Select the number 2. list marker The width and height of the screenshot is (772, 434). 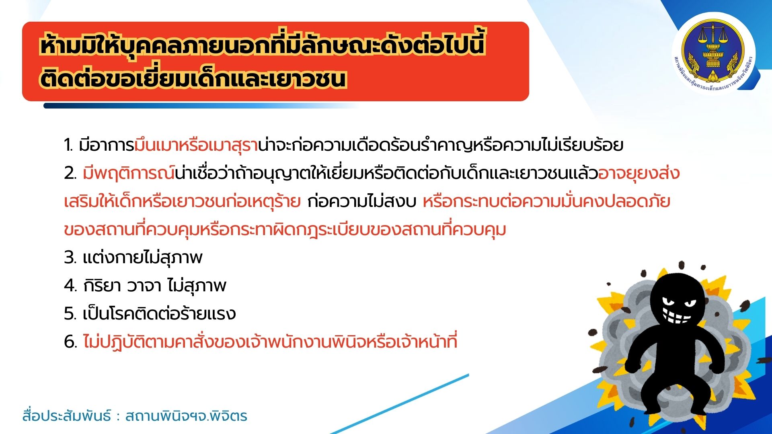click(70, 173)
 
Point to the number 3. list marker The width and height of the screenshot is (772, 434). click(70, 258)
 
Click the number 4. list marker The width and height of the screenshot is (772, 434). click(70, 286)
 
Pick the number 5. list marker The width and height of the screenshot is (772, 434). click(70, 314)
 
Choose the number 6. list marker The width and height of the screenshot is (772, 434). click(70, 342)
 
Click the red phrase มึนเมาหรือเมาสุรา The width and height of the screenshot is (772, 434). click(196, 145)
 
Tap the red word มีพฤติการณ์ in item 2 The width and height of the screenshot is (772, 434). click(129, 173)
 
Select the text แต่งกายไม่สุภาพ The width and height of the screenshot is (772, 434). click(142, 258)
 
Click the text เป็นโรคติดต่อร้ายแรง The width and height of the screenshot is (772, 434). click(159, 314)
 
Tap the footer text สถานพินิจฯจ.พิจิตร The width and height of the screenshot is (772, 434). click(186, 416)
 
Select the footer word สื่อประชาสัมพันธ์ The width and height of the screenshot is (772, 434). click(67, 416)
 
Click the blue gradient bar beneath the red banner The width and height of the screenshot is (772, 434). click(201, 106)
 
